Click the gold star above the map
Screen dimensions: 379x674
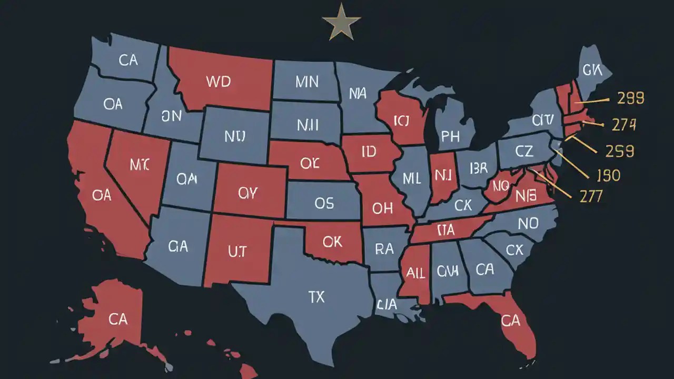(x=341, y=22)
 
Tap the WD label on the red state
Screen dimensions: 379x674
(x=219, y=82)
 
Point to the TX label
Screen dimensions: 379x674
(x=316, y=297)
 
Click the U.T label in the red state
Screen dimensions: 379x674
(x=237, y=252)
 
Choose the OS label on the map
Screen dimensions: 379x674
(x=324, y=203)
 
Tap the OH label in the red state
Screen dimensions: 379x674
(x=382, y=208)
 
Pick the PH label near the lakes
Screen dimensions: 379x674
(x=450, y=137)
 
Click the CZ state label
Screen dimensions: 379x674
(x=524, y=152)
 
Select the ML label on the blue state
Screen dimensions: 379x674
(x=411, y=178)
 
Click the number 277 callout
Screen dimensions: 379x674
(x=590, y=196)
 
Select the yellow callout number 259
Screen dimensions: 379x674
(x=619, y=152)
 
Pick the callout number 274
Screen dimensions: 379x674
(x=624, y=125)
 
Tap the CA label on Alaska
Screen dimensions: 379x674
(x=118, y=318)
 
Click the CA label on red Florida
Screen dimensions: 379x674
(x=510, y=320)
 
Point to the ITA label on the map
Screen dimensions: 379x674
(x=446, y=230)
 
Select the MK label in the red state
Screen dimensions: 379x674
(x=140, y=164)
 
